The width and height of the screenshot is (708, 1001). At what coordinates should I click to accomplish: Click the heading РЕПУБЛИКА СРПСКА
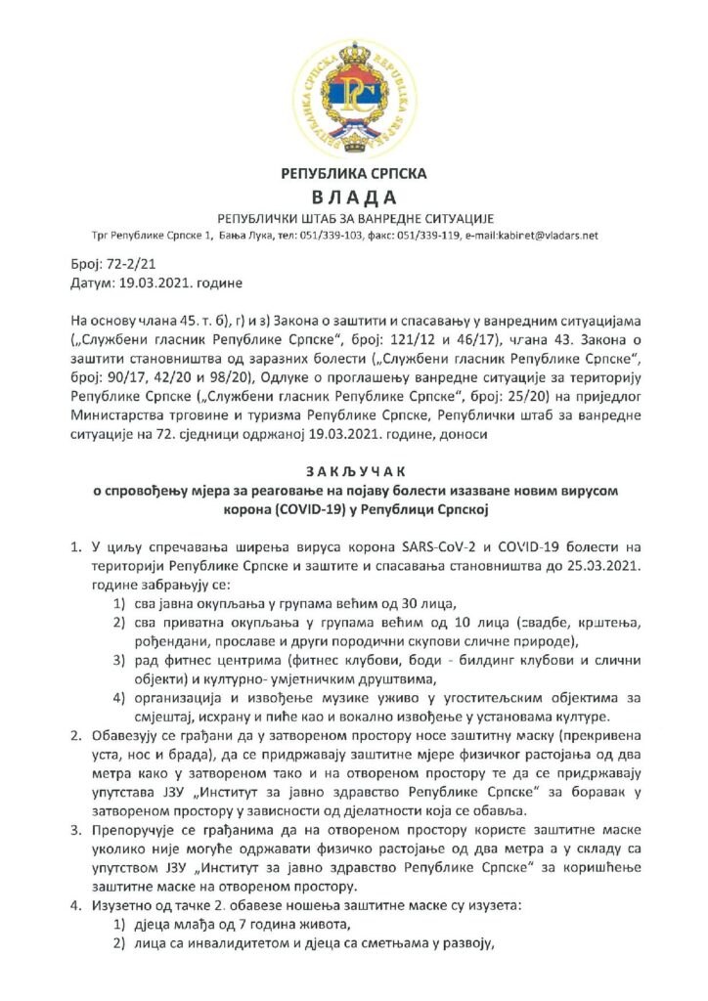[x=353, y=174]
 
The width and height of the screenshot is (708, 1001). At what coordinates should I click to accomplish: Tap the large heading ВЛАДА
[x=353, y=196]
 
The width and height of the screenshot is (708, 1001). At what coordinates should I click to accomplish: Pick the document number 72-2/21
[x=121, y=265]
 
